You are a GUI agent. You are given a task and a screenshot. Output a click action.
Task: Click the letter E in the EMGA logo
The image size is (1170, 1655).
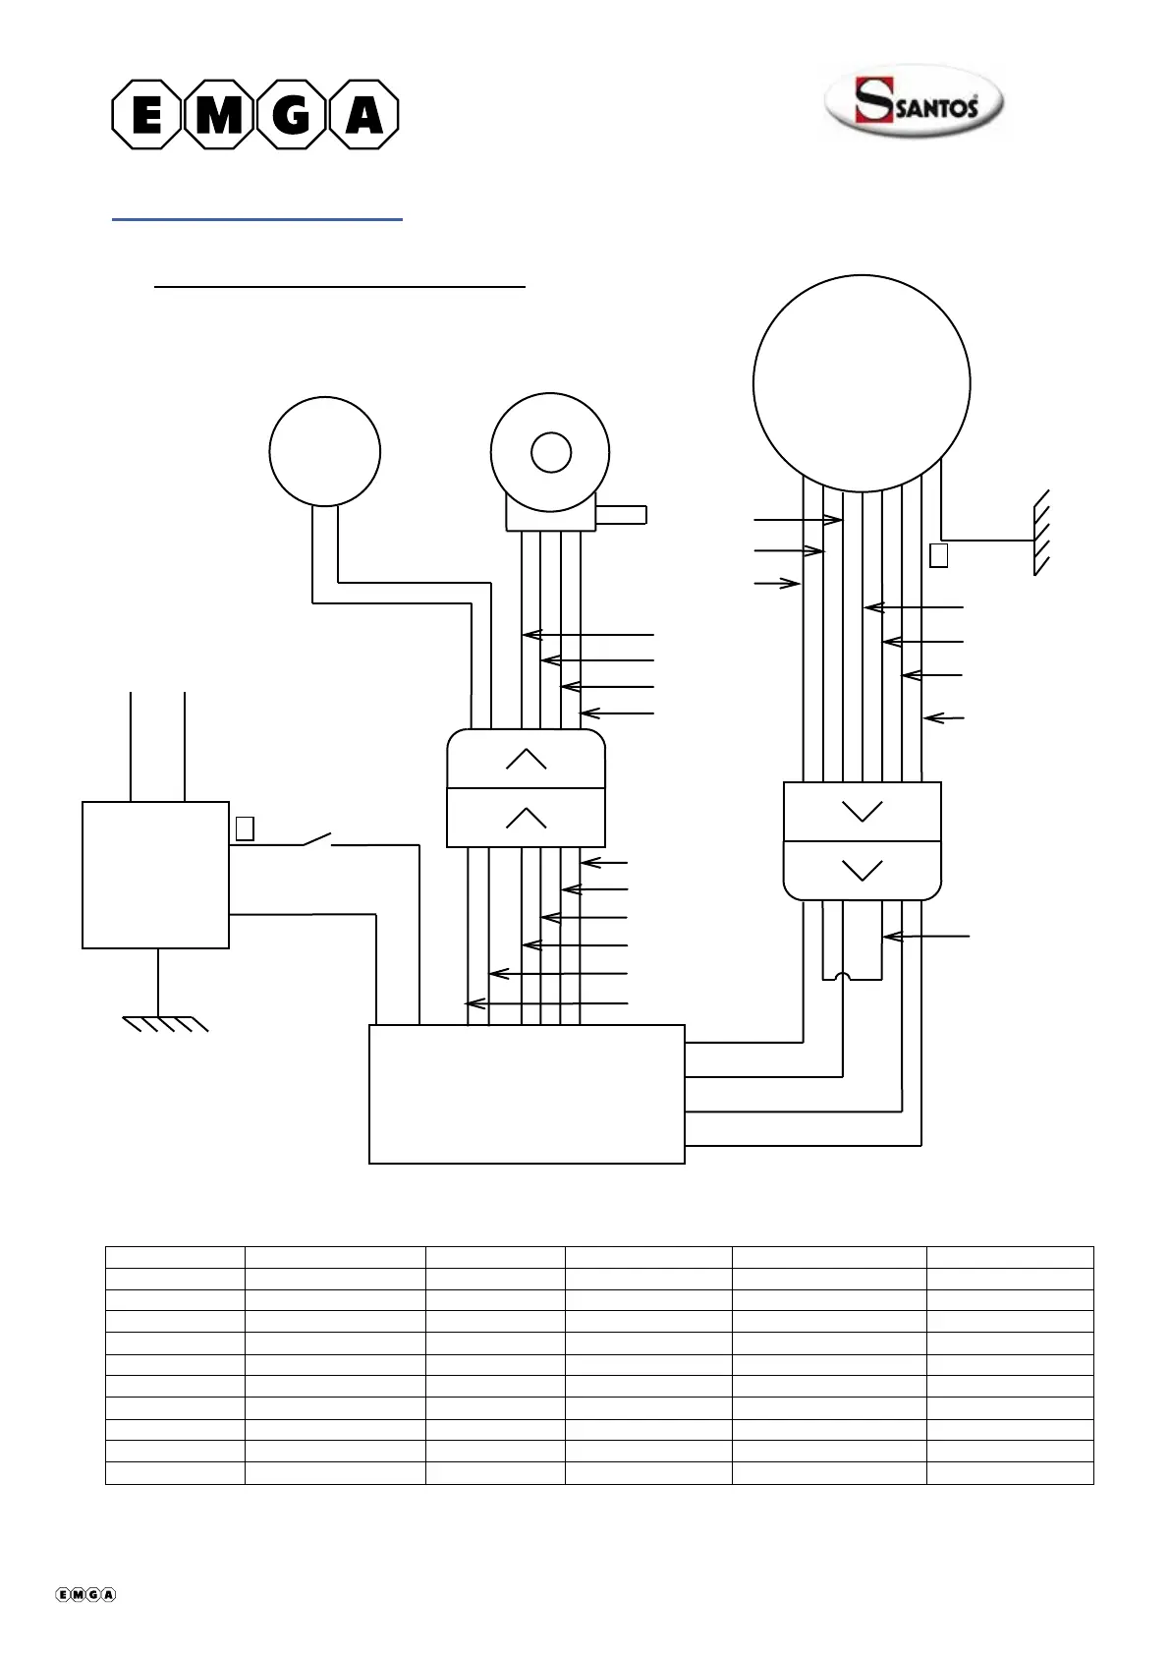click(x=146, y=114)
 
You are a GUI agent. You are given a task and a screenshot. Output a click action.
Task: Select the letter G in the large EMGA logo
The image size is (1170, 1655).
click(x=291, y=114)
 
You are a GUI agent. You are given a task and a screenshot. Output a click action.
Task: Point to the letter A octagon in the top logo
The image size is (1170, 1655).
click(x=362, y=114)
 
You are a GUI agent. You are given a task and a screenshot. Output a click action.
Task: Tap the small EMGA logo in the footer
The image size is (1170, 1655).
click(x=86, y=1595)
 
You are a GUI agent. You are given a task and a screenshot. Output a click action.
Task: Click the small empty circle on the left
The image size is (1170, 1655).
click(x=325, y=451)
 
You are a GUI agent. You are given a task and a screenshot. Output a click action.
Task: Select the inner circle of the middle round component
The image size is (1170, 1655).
click(x=551, y=453)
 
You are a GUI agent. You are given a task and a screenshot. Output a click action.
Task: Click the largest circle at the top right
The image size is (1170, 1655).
click(x=862, y=383)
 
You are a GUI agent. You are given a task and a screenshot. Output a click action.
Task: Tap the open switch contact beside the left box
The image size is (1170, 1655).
click(x=316, y=839)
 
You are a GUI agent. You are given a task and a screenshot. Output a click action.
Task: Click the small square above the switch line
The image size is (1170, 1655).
click(x=246, y=828)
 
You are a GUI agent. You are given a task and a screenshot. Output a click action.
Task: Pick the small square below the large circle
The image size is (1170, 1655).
click(x=938, y=555)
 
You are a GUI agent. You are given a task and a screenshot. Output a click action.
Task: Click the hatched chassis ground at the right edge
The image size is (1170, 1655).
click(x=1041, y=533)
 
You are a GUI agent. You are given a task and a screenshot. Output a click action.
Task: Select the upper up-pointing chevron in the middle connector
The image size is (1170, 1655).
click(x=527, y=759)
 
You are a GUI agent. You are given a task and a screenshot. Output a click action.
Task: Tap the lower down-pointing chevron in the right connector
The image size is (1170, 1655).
click(x=863, y=870)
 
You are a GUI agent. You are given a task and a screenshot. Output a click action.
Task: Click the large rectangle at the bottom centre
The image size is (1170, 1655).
click(x=527, y=1094)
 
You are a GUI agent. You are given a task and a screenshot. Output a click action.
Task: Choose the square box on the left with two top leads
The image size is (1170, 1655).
click(x=155, y=875)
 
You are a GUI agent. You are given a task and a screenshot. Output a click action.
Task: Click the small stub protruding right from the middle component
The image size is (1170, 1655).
click(x=621, y=514)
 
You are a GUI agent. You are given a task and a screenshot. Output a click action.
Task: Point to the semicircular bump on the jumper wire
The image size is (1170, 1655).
click(x=843, y=978)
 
